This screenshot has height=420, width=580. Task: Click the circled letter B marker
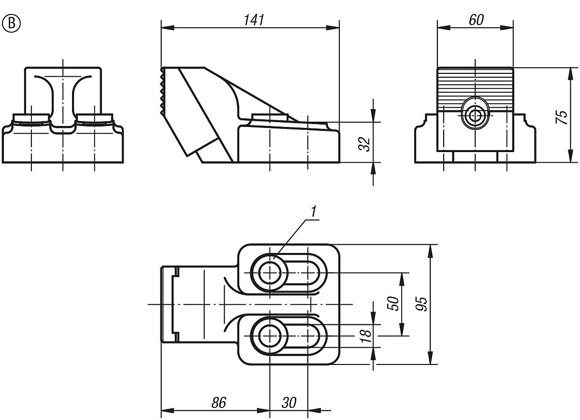(12, 23)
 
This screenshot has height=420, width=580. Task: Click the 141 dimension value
(253, 20)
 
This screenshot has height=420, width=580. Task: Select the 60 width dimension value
(476, 20)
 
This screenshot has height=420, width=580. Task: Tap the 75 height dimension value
(562, 117)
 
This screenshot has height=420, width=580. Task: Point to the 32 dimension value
(366, 144)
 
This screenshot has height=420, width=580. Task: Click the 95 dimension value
(421, 304)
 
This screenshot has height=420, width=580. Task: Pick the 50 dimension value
(394, 303)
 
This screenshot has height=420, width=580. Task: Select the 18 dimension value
(366, 334)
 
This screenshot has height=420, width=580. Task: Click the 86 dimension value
(218, 403)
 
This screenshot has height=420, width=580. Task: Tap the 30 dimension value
(288, 403)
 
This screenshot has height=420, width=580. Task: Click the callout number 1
(313, 211)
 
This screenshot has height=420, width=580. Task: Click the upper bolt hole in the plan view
(269, 273)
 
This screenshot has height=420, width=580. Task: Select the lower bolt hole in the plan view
(269, 336)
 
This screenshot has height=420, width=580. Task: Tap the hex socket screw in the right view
(476, 115)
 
